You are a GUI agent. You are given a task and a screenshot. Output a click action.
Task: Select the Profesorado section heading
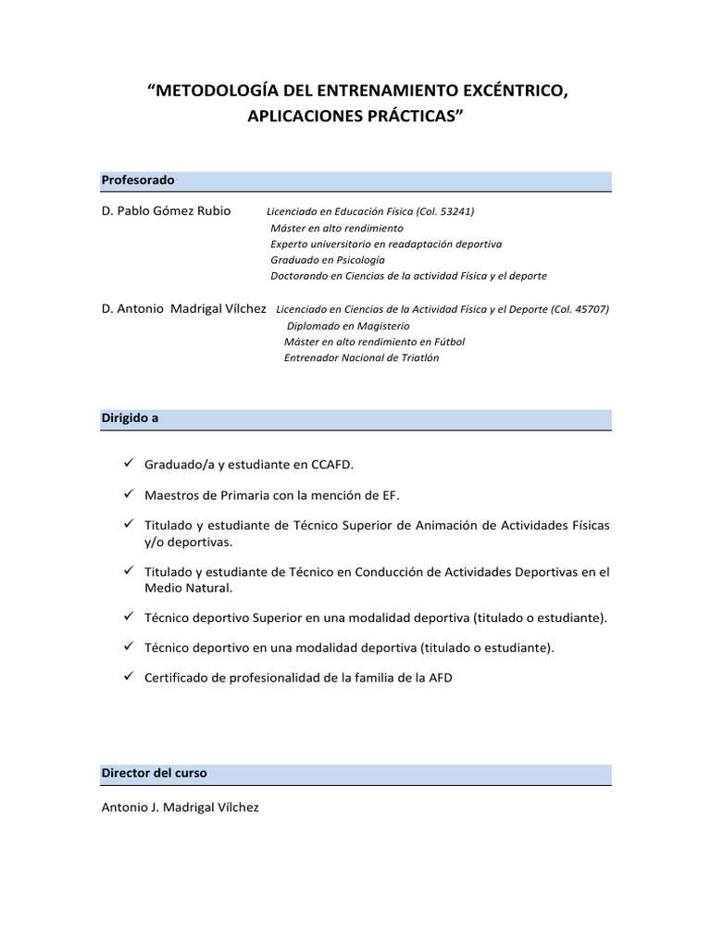[138, 180]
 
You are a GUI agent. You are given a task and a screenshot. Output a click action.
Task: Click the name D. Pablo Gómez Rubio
[167, 211]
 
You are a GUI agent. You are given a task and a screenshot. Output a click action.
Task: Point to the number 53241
[455, 211]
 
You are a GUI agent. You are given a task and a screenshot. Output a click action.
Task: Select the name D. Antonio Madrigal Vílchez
[184, 308]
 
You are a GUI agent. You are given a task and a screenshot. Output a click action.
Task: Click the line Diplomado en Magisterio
[348, 326]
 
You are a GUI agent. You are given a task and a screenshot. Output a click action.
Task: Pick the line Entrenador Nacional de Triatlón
[361, 357]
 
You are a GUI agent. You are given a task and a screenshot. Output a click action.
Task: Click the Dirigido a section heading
[130, 418]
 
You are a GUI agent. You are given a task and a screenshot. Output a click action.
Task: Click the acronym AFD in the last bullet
[441, 678]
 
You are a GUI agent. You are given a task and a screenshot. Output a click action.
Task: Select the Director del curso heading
[155, 772]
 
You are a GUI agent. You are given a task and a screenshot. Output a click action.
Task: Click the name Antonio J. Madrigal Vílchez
[181, 807]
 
